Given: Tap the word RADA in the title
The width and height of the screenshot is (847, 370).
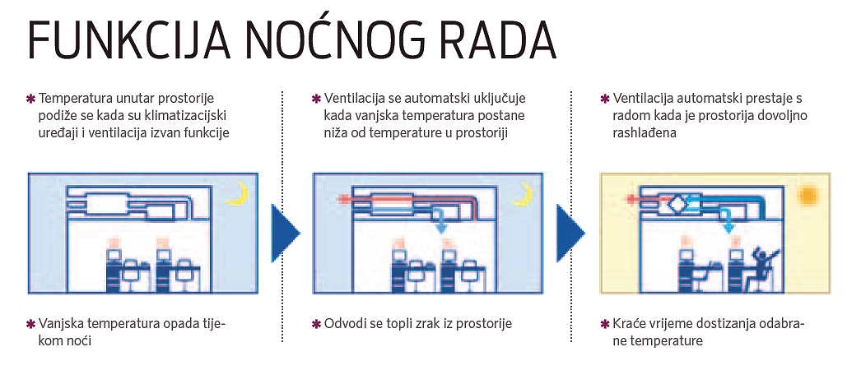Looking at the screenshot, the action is click(493, 40).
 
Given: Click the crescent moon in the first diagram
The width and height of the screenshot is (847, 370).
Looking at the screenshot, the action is click(238, 193).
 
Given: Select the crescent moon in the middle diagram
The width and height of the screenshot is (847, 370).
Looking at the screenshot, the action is click(523, 193).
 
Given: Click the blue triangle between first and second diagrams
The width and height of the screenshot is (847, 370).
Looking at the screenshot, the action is click(285, 232).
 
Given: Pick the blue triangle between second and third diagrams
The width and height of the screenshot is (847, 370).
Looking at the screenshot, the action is click(570, 232).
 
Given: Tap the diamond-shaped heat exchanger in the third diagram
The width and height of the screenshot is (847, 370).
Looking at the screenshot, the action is click(677, 204).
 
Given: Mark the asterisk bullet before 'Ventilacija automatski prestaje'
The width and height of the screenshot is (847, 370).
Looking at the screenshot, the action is click(605, 99).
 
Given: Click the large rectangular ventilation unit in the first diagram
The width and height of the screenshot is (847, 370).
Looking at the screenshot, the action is click(111, 205).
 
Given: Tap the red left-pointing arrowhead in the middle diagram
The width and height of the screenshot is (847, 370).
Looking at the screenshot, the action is click(341, 200).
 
